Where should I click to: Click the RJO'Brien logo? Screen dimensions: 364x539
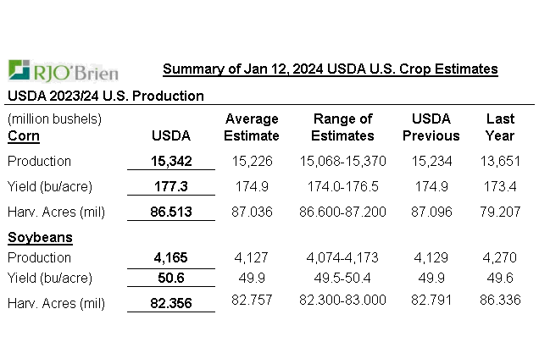click(x=63, y=70)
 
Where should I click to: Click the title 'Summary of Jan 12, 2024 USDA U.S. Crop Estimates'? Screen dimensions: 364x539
click(x=330, y=69)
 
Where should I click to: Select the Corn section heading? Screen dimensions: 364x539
click(x=24, y=135)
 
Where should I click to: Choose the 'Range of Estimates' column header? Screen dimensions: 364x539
click(x=342, y=127)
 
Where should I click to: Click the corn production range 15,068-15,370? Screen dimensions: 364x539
click(x=342, y=161)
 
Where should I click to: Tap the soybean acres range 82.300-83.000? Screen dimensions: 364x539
click(x=342, y=300)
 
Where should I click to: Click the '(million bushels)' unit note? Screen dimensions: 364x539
click(x=54, y=119)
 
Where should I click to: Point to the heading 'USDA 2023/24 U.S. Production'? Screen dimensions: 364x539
click(x=106, y=96)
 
